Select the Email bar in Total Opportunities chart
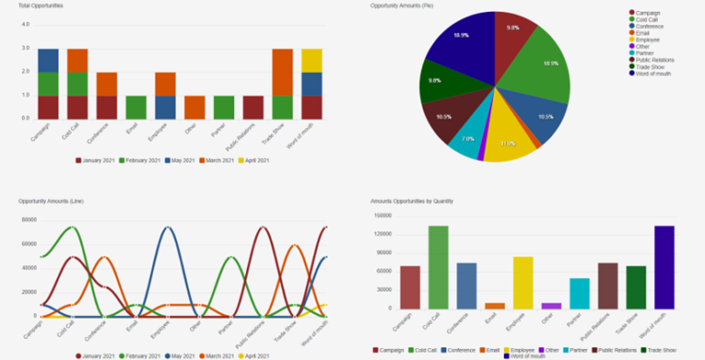click(136, 107)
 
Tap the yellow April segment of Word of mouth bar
click(312, 60)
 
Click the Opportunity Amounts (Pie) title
click(401, 6)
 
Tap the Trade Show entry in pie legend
click(651, 66)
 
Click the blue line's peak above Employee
click(165, 227)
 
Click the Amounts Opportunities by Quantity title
click(412, 200)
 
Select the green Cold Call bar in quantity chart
click(438, 266)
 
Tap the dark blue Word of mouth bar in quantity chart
click(664, 266)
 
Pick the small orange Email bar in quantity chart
click(494, 305)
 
